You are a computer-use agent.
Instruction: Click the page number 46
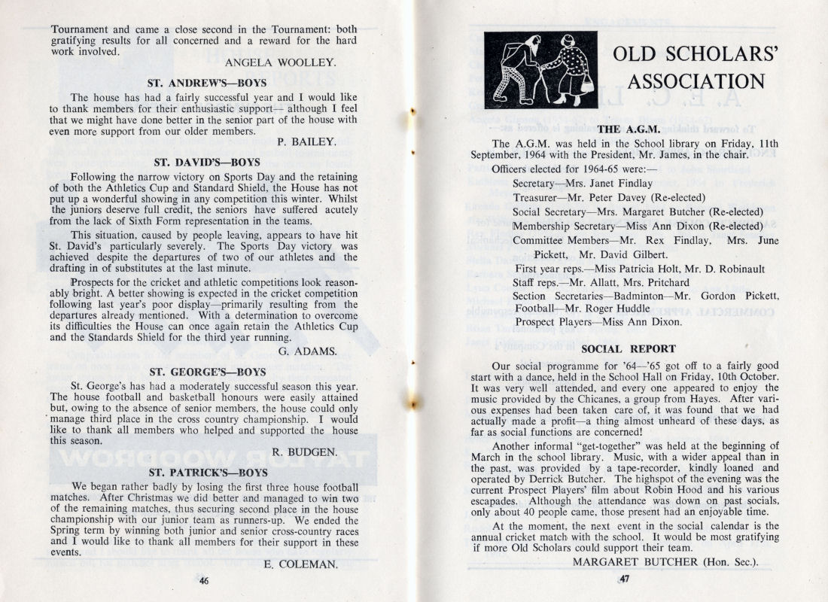[x=204, y=580]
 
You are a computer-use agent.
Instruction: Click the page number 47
[x=624, y=579]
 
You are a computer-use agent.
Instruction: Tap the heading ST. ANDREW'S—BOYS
[x=205, y=84]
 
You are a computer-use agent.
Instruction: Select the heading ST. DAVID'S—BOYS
[x=206, y=162]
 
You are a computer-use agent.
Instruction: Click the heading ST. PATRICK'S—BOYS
[x=208, y=473]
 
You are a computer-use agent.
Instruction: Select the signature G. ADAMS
[x=307, y=350]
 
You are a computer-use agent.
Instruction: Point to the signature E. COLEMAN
[x=300, y=563]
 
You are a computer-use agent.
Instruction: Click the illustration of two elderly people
[x=540, y=69]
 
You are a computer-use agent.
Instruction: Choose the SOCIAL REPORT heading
[x=629, y=349]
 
